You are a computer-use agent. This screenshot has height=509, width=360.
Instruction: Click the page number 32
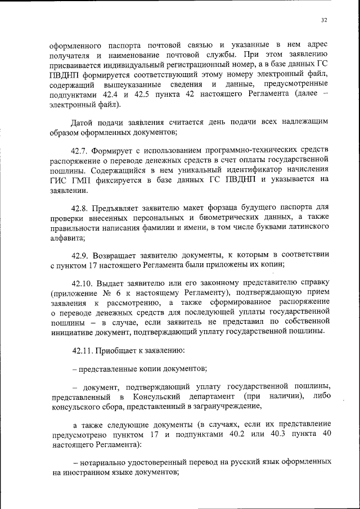click(323, 20)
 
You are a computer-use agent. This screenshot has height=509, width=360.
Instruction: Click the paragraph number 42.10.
click(83, 281)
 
